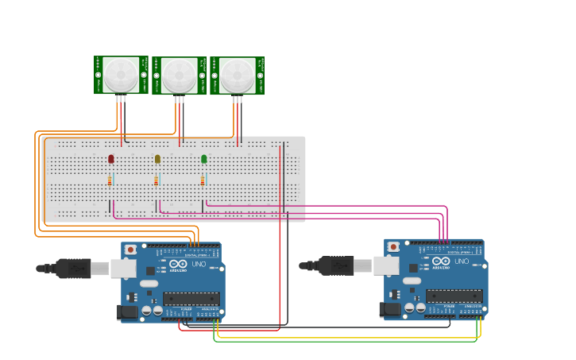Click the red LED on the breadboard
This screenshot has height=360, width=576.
pyautogui.click(x=110, y=160)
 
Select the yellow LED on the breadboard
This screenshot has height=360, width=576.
pyautogui.click(x=157, y=160)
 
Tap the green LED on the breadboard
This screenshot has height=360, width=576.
pyautogui.click(x=204, y=160)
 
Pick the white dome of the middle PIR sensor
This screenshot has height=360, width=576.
pyautogui.click(x=180, y=75)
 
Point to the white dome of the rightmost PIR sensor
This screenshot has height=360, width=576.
pyautogui.click(x=238, y=75)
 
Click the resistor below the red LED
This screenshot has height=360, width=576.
pyautogui.click(x=110, y=181)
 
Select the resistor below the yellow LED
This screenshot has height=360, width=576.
pyautogui.click(x=157, y=181)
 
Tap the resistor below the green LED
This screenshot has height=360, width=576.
pyautogui.click(x=204, y=181)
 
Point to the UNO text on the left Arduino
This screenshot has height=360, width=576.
pyautogui.click(x=199, y=264)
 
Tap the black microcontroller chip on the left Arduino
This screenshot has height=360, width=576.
pyautogui.click(x=191, y=300)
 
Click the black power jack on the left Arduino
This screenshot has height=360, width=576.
pyautogui.click(x=128, y=313)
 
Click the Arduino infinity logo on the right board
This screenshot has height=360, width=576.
pyautogui.click(x=441, y=261)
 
